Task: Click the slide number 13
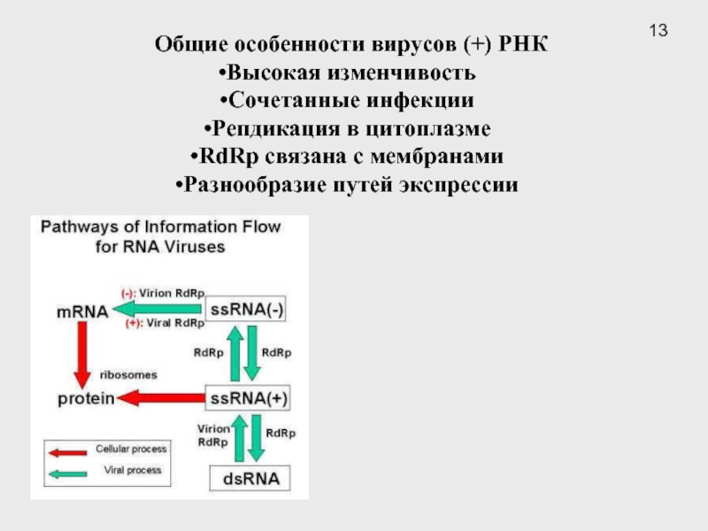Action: pyautogui.click(x=658, y=32)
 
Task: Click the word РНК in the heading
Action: pyautogui.click(x=523, y=44)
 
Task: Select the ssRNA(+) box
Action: pyautogui.click(x=249, y=398)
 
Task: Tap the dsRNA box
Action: pyautogui.click(x=249, y=480)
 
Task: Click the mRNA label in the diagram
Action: pyautogui.click(x=81, y=312)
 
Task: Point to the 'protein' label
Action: pyautogui.click(x=87, y=399)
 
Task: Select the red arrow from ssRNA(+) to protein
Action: pyautogui.click(x=160, y=399)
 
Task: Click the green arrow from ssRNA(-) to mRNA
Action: pyautogui.click(x=158, y=309)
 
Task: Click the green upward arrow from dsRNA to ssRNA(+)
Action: pyautogui.click(x=236, y=439)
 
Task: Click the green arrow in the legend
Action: pyautogui.click(x=66, y=472)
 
